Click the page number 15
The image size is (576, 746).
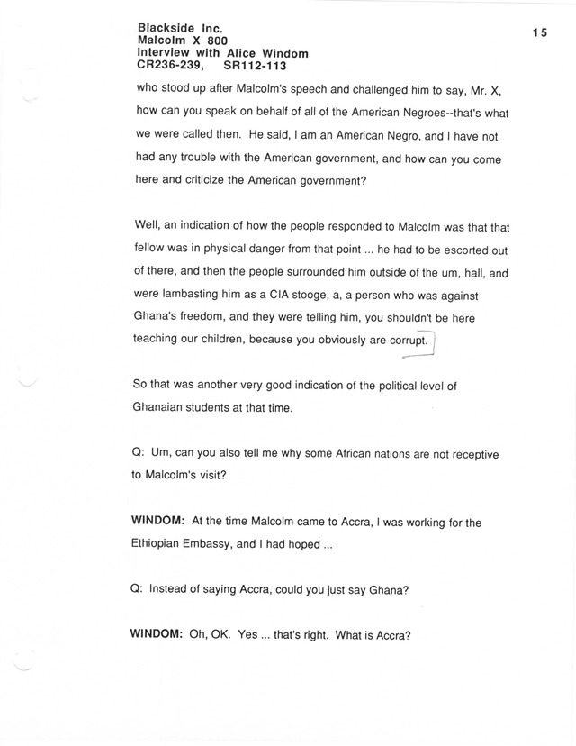pyautogui.click(x=539, y=32)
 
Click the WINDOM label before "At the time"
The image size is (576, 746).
pyautogui.click(x=157, y=523)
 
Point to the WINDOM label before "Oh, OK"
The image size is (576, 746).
pyautogui.click(x=157, y=633)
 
